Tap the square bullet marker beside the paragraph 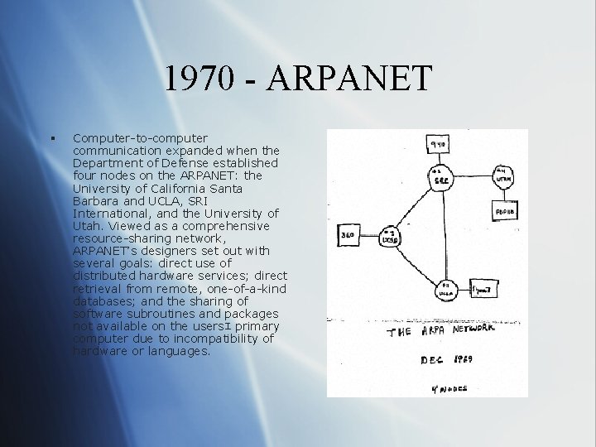click(52, 138)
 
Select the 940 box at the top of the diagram click(438, 144)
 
